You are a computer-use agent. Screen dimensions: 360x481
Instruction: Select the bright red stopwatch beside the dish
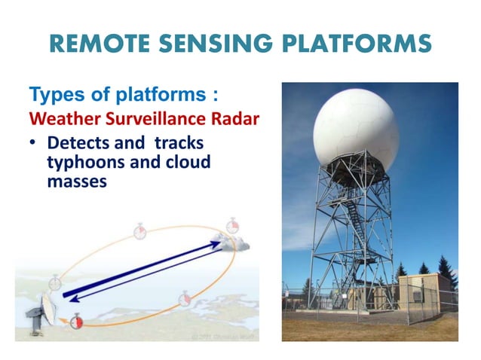pyautogui.click(x=75, y=322)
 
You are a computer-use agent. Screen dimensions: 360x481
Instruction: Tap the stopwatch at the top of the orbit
pyautogui.click(x=139, y=230)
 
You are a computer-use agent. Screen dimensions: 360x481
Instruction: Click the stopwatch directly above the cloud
pyautogui.click(x=232, y=225)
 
